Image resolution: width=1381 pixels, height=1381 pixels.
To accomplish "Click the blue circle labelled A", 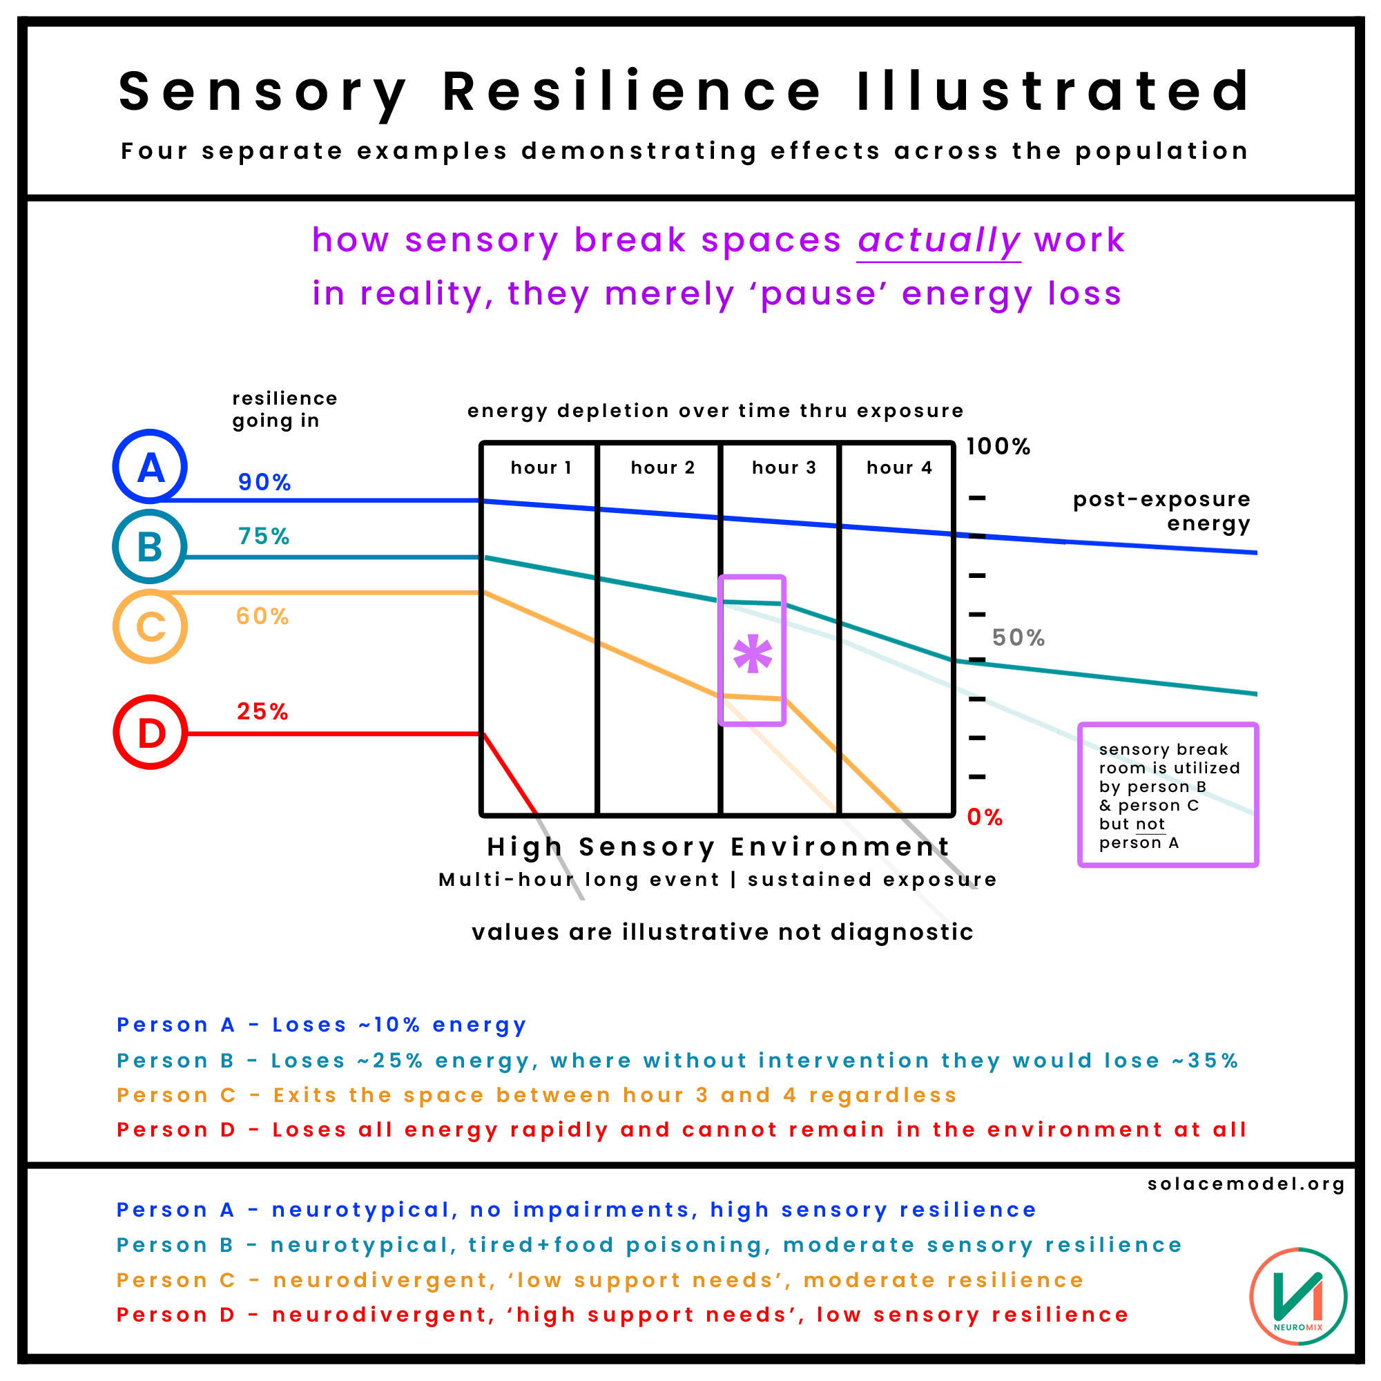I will (x=150, y=467).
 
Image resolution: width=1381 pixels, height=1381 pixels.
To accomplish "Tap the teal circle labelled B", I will (x=150, y=547).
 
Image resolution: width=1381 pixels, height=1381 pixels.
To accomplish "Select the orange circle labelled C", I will (x=150, y=627).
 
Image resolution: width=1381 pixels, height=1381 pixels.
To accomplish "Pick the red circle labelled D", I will (x=150, y=733).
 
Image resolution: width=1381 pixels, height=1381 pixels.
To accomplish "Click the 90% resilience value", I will (x=264, y=483).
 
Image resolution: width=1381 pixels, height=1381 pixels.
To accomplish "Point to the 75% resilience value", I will (x=264, y=536).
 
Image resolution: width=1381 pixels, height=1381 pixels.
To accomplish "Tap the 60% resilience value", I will (x=262, y=616).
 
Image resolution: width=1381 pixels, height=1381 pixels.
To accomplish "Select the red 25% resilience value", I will (x=262, y=711).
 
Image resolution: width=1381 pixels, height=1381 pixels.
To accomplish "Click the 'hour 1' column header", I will (x=541, y=467).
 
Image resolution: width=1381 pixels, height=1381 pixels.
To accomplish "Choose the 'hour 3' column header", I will (x=784, y=467).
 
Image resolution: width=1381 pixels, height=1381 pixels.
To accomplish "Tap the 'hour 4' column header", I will (x=899, y=467).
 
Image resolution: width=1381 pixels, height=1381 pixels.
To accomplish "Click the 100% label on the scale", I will (x=998, y=447).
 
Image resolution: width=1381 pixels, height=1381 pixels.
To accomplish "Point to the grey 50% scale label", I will (x=1018, y=637).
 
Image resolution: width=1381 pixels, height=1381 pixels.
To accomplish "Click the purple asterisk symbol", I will (x=753, y=654).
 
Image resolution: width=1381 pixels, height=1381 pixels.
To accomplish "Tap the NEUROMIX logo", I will (x=1298, y=1297).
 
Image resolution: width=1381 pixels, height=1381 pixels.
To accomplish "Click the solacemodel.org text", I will (x=1246, y=1184).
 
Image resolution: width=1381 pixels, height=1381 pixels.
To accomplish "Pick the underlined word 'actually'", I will (x=938, y=240).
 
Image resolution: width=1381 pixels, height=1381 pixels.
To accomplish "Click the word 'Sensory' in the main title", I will (x=262, y=92).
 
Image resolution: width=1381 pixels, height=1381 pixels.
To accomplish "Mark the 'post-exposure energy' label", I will (x=1161, y=511).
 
